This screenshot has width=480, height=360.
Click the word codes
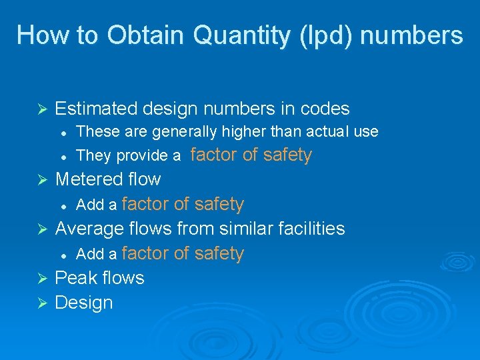324,108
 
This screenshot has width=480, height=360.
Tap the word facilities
312,229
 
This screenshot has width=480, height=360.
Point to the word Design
84,303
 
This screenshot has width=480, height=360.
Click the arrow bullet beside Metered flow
41,180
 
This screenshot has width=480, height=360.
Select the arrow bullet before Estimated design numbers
41,109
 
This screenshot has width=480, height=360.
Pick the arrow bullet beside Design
41,303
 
